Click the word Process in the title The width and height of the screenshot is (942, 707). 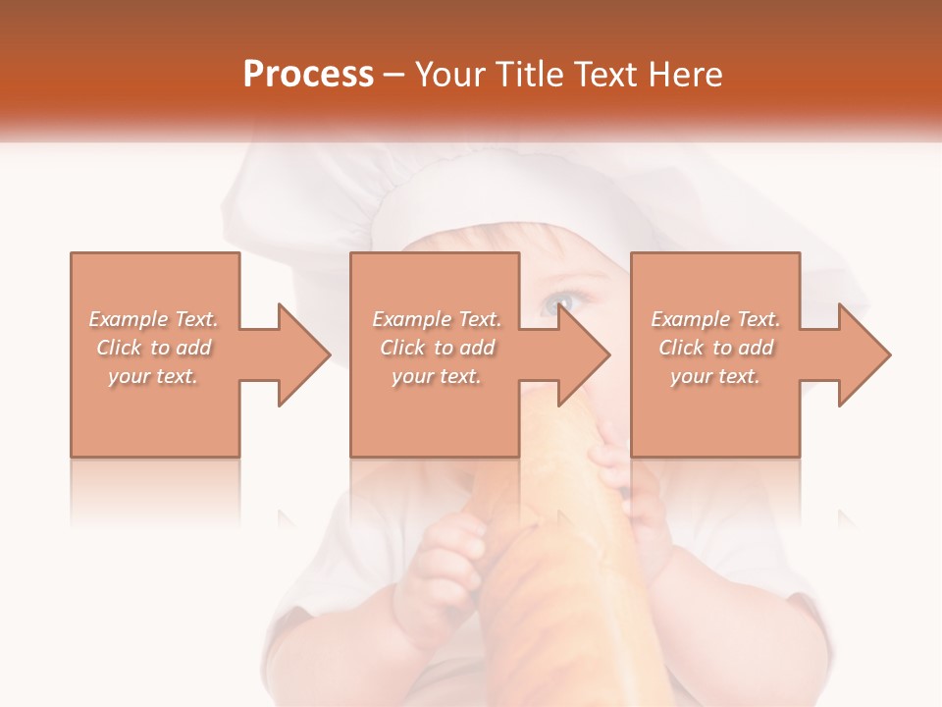pyautogui.click(x=308, y=75)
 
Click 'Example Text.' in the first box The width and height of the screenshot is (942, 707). pyautogui.click(x=153, y=319)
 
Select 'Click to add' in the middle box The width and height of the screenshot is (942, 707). pyautogui.click(x=437, y=348)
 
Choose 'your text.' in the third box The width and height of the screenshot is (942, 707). pyautogui.click(x=714, y=376)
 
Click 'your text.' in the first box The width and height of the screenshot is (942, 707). pyautogui.click(x=153, y=376)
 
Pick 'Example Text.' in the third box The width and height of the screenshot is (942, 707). pyautogui.click(x=715, y=319)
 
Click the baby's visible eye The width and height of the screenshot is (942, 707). pyautogui.click(x=559, y=302)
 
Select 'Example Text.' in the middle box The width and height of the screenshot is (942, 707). pyautogui.click(x=437, y=319)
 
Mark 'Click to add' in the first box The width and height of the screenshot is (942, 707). pyautogui.click(x=153, y=348)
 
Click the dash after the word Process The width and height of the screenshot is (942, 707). pyautogui.click(x=394, y=75)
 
